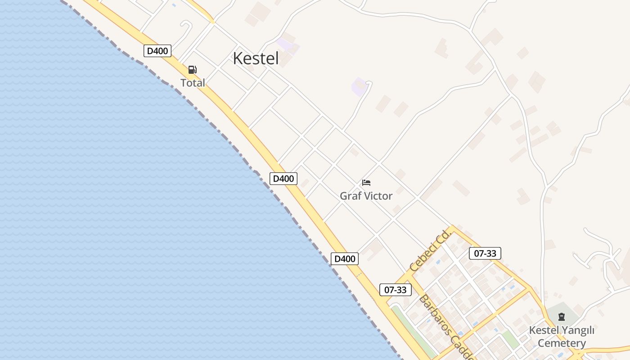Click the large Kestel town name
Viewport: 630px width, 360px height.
256,58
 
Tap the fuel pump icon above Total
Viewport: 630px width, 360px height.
193,70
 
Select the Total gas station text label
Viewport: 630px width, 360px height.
193,83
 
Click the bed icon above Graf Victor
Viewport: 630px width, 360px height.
366,183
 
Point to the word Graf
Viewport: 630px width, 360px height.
350,196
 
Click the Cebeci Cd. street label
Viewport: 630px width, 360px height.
430,250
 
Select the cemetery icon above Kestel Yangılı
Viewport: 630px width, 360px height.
561,317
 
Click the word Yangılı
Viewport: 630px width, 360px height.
578,330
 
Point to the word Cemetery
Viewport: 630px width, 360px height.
562,343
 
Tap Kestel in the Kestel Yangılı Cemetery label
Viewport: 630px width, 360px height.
543,330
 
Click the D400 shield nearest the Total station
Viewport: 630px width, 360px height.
157,51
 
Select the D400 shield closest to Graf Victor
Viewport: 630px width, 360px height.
283,179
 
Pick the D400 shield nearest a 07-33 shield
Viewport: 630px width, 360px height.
345,259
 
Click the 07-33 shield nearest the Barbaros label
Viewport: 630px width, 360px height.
396,290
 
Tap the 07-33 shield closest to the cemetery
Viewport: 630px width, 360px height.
485,253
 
